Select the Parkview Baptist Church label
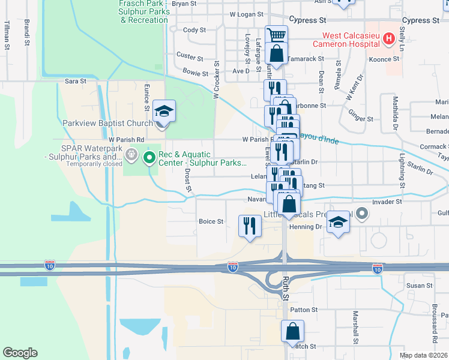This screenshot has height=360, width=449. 108,124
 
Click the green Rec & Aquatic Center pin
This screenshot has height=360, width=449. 149,158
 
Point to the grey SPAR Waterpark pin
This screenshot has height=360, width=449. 131,157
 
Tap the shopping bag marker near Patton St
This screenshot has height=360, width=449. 292,331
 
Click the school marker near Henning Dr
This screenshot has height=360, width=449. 339,223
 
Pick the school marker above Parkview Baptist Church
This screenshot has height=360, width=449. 164,111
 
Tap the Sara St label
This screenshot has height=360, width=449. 76,80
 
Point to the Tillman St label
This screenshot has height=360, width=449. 7,35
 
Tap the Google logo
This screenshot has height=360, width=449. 20,353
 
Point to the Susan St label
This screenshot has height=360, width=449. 416,286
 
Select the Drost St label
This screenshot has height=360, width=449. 188,180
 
